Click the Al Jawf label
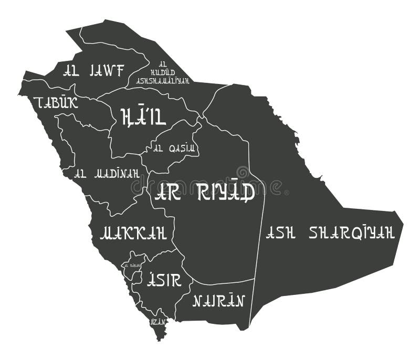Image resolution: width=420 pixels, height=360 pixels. click(x=93, y=70)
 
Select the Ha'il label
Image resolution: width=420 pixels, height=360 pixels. click(x=143, y=116)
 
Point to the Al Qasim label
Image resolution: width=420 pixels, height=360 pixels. click(x=175, y=147)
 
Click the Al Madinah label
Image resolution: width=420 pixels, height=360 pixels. click(x=107, y=173)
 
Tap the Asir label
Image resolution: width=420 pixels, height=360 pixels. click(x=164, y=279)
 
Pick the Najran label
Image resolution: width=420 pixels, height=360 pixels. click(x=219, y=301)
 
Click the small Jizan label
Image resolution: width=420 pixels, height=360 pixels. click(x=157, y=321)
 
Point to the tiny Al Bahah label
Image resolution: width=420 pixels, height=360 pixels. click(x=132, y=266)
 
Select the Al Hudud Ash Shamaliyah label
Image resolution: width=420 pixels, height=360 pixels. click(x=162, y=72)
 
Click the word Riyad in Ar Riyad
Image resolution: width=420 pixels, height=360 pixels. click(x=226, y=192)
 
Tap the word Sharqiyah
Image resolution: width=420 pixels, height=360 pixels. click(x=352, y=232)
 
